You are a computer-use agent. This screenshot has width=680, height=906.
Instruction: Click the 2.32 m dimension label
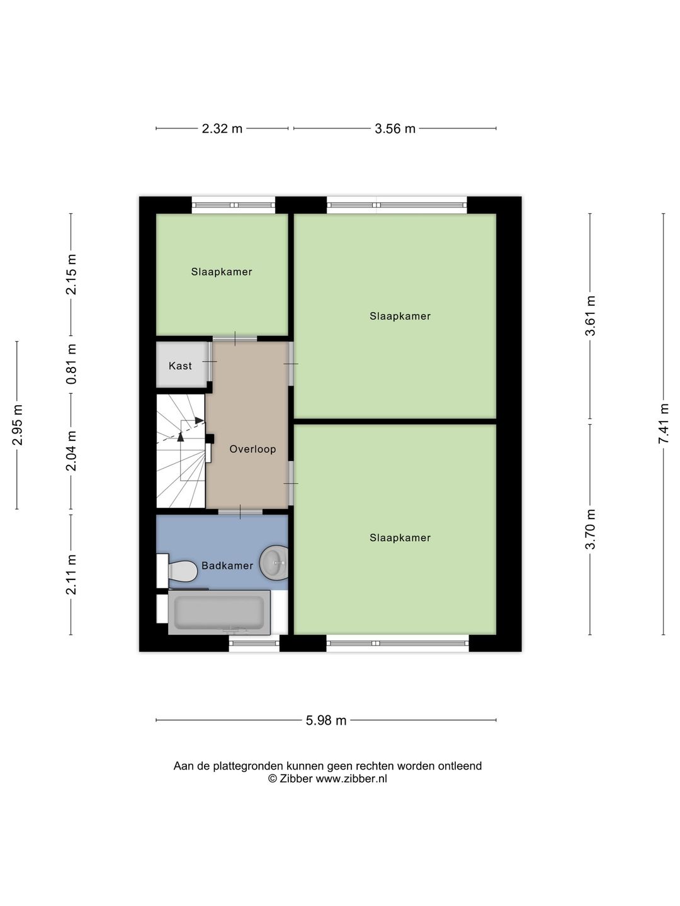coord(222,129)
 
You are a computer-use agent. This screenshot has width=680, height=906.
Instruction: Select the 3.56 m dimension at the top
coord(395,129)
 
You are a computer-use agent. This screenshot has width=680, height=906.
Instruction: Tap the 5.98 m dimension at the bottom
coord(326,720)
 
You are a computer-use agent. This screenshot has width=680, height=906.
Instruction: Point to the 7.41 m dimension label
coord(663,423)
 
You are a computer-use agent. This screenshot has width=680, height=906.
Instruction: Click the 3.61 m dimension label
coord(590,316)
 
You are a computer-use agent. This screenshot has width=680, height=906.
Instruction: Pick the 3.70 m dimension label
coord(590,529)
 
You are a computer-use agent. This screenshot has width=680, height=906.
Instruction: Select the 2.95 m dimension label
coord(17,425)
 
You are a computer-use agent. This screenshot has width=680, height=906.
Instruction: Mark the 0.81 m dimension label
coord(71,364)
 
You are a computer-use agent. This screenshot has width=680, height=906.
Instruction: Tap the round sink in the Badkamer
coord(275,562)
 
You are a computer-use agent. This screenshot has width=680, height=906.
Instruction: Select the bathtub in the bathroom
coord(218,612)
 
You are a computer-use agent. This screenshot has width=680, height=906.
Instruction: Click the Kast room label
coord(180,366)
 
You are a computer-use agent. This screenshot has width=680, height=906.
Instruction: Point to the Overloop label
coord(252,449)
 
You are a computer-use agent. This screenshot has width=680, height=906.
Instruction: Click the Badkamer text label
coord(227,566)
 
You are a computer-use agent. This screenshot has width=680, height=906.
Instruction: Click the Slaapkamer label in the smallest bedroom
coord(222,272)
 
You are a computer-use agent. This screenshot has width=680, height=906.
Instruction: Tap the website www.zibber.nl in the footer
coord(351,779)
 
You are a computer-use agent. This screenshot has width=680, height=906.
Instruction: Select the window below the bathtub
coord(254,643)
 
